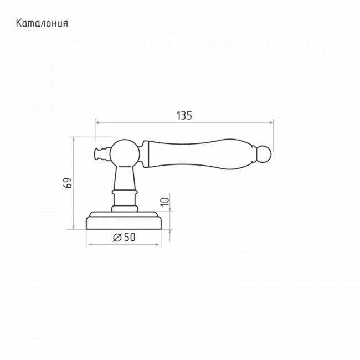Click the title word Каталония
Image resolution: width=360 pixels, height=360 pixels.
tap(42, 23)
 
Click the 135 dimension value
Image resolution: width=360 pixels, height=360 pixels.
tap(184, 116)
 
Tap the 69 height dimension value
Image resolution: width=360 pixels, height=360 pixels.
tap(68, 183)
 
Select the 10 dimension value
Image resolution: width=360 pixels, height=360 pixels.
tap(164, 202)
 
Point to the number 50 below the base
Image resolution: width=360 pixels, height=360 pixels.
tap(130, 237)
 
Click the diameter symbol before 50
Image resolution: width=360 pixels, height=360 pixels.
tap(117, 238)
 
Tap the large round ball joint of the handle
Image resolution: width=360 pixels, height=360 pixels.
tap(125, 153)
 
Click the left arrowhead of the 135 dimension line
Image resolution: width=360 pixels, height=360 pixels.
tap(97, 122)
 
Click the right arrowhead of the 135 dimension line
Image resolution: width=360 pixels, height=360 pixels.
tap(271, 122)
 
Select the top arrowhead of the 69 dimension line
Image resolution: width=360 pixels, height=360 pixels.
tap(74, 139)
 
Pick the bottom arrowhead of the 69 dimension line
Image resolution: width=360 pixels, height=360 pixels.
tap(74, 227)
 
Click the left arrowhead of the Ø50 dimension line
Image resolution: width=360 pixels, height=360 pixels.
tap(90, 244)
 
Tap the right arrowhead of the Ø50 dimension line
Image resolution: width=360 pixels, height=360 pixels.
tap(157, 244)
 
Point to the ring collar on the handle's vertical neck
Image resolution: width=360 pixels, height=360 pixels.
tap(125, 192)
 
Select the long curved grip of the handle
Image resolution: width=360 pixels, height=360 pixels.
tap(202, 154)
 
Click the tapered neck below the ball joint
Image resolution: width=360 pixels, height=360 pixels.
tap(125, 178)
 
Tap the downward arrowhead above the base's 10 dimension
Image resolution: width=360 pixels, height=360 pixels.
tap(170, 209)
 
